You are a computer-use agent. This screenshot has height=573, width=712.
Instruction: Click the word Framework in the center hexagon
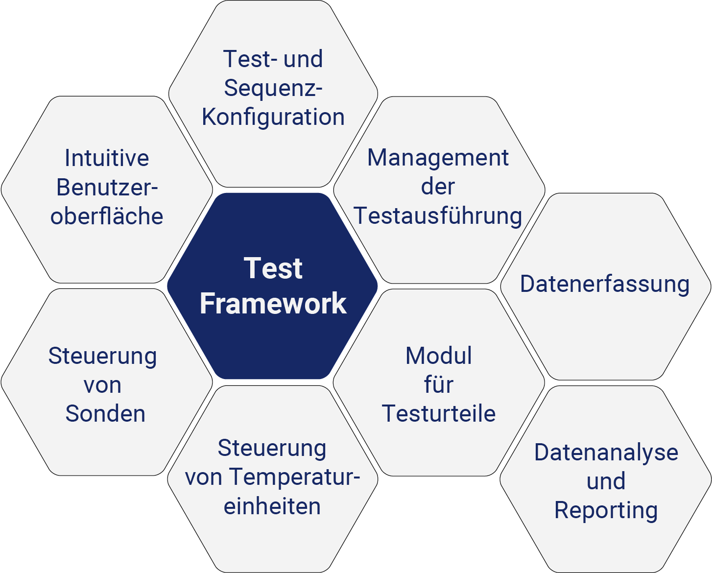point(273,304)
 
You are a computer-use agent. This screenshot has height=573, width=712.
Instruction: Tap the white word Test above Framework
point(273,268)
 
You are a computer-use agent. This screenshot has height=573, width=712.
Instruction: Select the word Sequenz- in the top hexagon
point(273,89)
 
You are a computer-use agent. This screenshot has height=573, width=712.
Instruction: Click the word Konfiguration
point(273,118)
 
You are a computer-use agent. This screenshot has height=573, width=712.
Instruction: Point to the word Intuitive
point(107,158)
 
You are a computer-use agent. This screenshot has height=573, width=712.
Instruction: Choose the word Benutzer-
point(107,188)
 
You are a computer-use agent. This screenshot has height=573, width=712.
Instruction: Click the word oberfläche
point(107,216)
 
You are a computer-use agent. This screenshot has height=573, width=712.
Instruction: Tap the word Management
point(438,158)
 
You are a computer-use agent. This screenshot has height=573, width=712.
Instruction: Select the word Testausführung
point(438,216)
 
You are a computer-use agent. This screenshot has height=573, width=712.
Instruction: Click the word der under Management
point(438,187)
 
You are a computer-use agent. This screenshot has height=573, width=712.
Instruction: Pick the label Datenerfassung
point(605,284)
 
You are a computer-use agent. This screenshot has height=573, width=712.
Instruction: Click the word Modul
point(439,356)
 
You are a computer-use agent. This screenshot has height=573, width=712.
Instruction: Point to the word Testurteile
point(439,414)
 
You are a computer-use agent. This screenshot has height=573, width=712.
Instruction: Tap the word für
point(439,385)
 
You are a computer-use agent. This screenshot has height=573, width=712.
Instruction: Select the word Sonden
point(105,414)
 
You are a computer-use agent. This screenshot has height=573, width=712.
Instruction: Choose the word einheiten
point(272,506)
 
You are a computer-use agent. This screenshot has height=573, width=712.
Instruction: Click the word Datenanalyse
point(606,453)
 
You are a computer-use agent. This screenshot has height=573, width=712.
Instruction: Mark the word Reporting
point(606,511)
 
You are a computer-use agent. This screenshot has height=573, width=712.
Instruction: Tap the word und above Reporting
point(606,481)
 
